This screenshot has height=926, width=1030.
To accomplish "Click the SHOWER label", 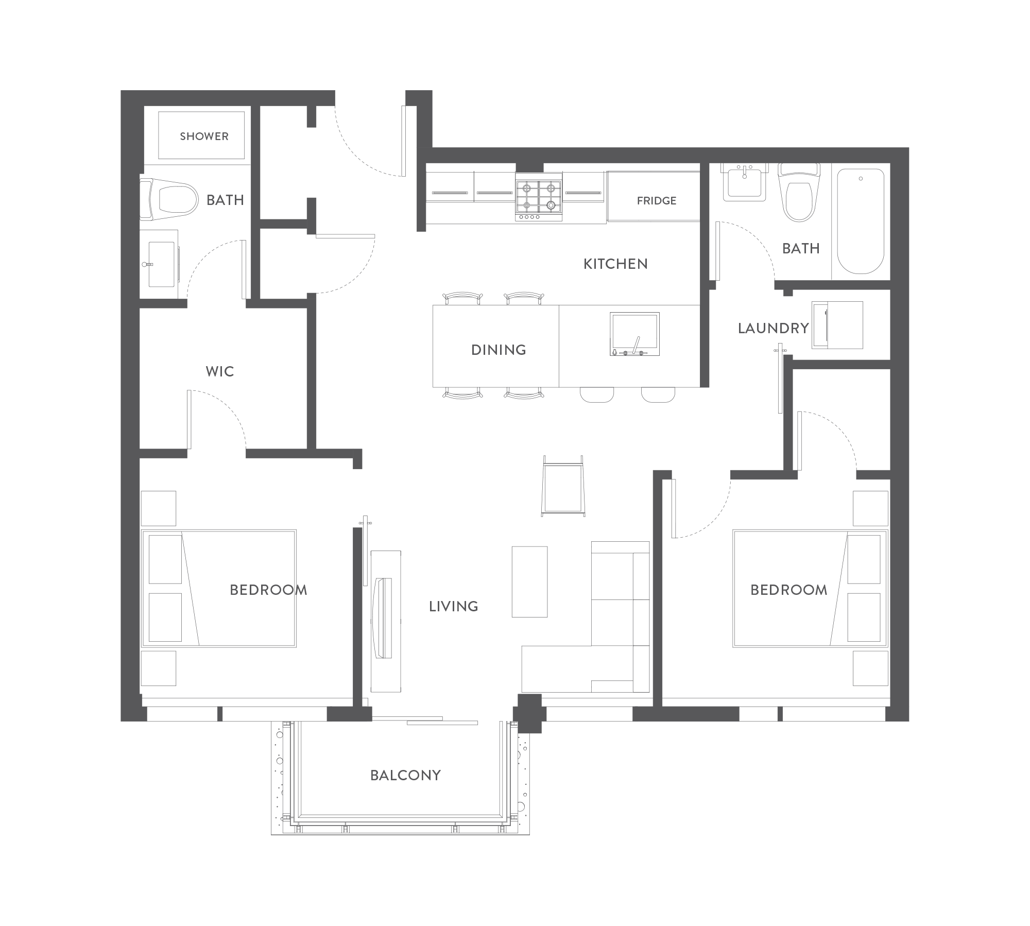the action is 204,136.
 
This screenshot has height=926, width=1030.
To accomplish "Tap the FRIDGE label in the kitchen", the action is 657,201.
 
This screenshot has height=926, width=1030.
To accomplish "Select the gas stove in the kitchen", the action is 539,197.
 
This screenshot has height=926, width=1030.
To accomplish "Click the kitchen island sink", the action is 634,334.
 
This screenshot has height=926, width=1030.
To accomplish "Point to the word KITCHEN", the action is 615,264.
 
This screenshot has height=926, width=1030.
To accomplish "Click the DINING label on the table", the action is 499,350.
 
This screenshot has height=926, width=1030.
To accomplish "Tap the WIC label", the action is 220,372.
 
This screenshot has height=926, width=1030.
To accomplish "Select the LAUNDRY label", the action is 774,329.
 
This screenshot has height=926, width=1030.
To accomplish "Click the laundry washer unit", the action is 837,325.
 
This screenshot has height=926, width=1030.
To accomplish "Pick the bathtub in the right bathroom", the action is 861,221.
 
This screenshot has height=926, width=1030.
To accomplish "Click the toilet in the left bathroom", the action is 169,197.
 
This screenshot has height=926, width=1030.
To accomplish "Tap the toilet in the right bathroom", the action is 798,192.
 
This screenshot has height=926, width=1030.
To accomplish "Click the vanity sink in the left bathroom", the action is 161,264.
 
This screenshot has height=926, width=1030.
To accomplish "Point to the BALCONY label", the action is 406,776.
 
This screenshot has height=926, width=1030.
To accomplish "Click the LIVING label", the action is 454,607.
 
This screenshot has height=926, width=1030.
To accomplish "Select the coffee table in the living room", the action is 529,581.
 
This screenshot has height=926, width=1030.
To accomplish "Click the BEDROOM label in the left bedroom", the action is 268,590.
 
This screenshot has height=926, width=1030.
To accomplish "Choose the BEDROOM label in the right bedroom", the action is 788,590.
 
